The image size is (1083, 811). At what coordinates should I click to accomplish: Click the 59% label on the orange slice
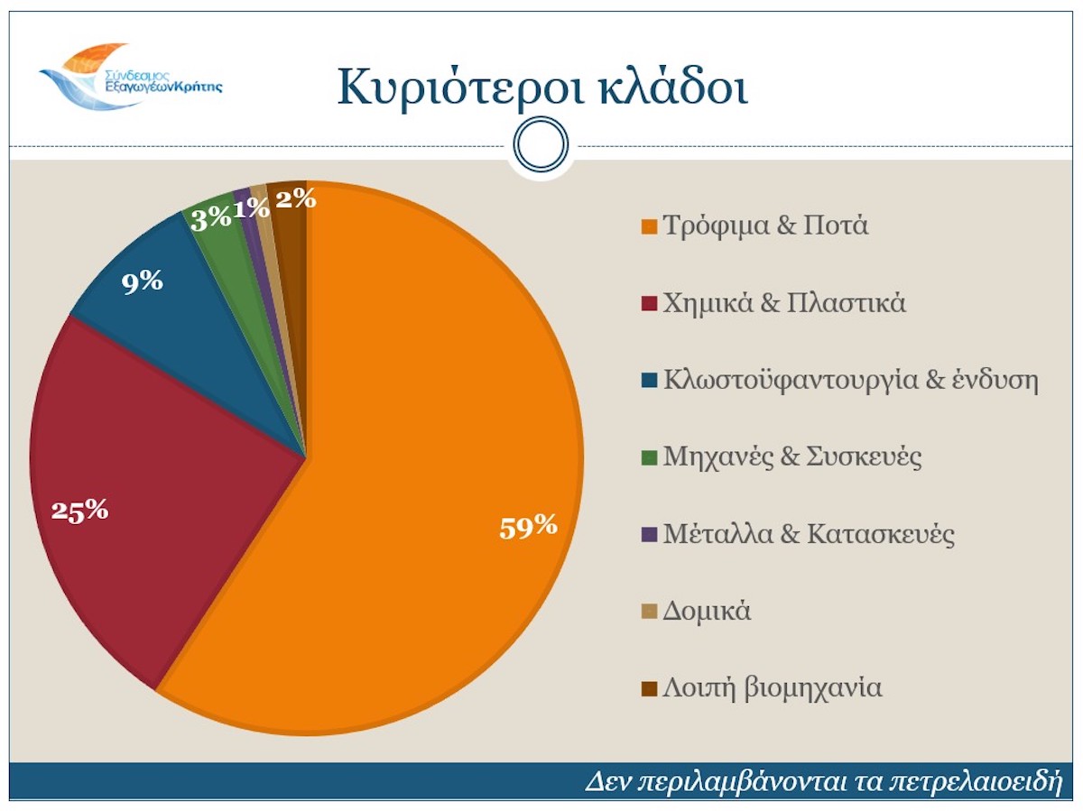tap(528, 526)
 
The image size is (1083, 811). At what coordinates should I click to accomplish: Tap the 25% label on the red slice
tap(79, 511)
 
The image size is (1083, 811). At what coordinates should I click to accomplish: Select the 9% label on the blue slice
tap(143, 281)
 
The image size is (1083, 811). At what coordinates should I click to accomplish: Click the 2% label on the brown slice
tap(295, 198)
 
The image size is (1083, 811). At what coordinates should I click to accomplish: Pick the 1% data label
tap(251, 208)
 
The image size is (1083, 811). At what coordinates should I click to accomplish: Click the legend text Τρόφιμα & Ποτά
tap(765, 225)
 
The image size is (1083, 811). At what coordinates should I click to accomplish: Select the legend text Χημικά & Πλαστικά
tap(784, 302)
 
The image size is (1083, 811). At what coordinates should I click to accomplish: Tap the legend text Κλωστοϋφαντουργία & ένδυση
tap(851, 380)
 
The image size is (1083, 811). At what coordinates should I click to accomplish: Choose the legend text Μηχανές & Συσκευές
tap(792, 456)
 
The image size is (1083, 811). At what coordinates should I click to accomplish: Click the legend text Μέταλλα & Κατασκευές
tap(809, 534)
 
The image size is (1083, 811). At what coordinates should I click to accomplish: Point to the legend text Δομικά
tap(707, 612)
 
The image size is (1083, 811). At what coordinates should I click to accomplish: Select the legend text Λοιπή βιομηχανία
tap(772, 688)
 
